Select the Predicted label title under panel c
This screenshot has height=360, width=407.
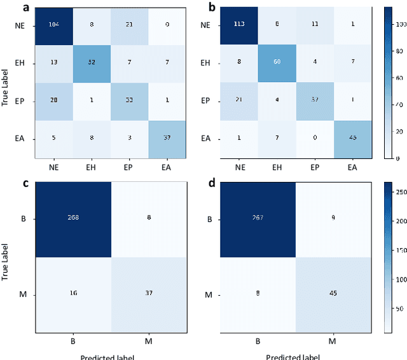click(107, 356)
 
